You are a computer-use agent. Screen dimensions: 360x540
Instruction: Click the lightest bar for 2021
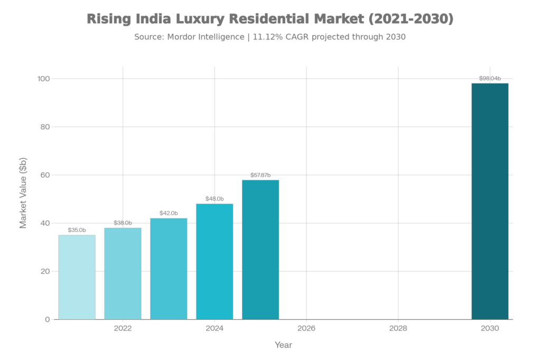pyautogui.click(x=77, y=277)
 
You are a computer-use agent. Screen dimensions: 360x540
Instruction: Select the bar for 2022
pyautogui.click(x=123, y=273)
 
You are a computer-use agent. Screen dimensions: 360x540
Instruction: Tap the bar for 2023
pyautogui.click(x=169, y=268)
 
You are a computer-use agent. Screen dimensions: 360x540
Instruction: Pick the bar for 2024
pyautogui.click(x=215, y=261)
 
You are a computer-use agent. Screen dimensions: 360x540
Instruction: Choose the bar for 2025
pyautogui.click(x=261, y=249)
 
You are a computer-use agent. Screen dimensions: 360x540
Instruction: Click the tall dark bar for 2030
pyautogui.click(x=490, y=201)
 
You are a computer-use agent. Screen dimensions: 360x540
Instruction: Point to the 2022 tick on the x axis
pyautogui.click(x=123, y=328)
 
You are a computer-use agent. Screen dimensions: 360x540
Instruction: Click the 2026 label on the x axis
pyautogui.click(x=306, y=328)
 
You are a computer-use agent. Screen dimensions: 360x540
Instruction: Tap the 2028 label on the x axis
pyautogui.click(x=398, y=328)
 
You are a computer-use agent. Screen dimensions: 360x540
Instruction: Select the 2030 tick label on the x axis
pyautogui.click(x=490, y=328)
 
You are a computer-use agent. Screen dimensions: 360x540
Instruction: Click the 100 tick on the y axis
pyautogui.click(x=43, y=79)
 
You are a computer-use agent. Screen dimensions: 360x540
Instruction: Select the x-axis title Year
pyautogui.click(x=283, y=345)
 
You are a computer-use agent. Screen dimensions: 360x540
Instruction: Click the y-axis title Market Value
pyautogui.click(x=23, y=193)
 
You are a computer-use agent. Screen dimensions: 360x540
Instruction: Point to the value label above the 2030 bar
pyautogui.click(x=490, y=78)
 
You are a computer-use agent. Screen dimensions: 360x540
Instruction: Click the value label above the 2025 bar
pyautogui.click(x=261, y=174)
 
